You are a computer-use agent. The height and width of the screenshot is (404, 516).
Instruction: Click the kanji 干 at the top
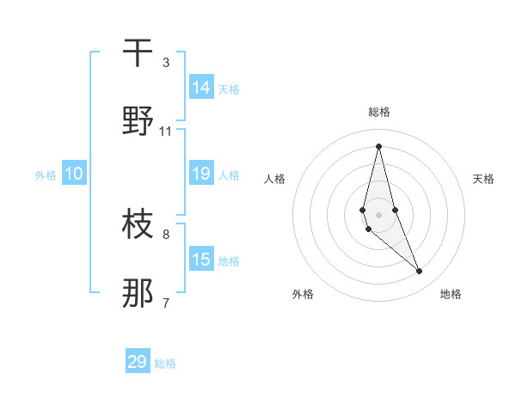click(138, 52)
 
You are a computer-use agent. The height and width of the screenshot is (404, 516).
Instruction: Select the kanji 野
click(138, 121)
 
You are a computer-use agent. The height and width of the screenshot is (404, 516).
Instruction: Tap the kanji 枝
click(138, 224)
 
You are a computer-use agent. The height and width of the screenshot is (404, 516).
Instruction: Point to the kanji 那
click(138, 293)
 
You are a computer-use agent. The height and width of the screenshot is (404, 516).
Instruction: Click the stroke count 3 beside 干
click(166, 63)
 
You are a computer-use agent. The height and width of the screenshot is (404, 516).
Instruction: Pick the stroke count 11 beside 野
click(166, 132)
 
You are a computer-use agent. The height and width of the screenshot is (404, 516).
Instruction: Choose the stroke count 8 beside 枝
click(166, 234)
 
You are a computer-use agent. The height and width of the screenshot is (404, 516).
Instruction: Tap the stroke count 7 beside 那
click(166, 303)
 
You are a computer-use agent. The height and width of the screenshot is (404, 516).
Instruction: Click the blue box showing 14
click(201, 87)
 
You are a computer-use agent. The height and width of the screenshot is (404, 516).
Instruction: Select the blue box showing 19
click(201, 173)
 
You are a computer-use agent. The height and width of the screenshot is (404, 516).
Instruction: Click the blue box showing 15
click(201, 259)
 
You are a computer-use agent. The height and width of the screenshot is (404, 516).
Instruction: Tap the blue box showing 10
click(74, 174)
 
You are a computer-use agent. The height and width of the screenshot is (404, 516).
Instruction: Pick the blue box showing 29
click(138, 362)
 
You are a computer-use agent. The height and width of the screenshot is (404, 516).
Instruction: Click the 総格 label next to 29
click(165, 364)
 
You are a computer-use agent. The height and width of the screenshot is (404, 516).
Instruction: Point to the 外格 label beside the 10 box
click(46, 175)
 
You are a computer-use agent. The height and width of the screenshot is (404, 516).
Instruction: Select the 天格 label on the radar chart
click(483, 179)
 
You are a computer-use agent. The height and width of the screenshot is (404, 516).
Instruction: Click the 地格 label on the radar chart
click(451, 294)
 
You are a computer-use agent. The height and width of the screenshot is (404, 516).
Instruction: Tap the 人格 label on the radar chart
click(274, 179)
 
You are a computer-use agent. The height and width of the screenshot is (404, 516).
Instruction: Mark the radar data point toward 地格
click(420, 272)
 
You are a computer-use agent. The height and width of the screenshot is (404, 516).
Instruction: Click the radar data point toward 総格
click(378, 146)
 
